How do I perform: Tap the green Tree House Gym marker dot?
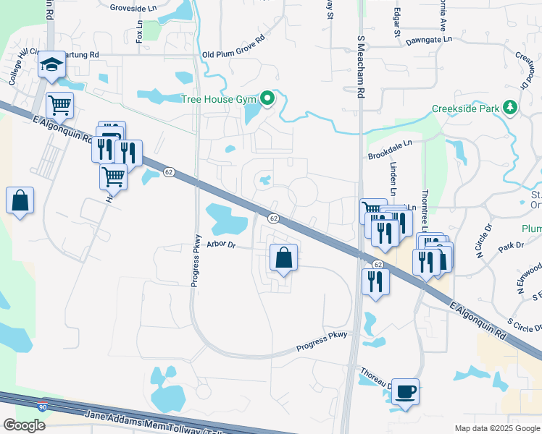click(x=267, y=98)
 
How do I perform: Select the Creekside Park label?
click(x=466, y=109)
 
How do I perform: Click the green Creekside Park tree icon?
click(x=511, y=108)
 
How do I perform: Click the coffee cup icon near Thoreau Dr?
click(x=405, y=391)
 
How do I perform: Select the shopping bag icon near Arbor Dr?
click(x=284, y=258)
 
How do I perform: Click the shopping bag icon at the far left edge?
click(x=20, y=200)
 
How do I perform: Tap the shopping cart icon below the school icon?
click(x=59, y=104)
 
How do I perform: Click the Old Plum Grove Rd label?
click(x=233, y=54)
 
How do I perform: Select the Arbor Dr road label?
click(x=221, y=244)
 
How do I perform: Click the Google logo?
click(x=24, y=425)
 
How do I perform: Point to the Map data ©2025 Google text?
click(x=496, y=428)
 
